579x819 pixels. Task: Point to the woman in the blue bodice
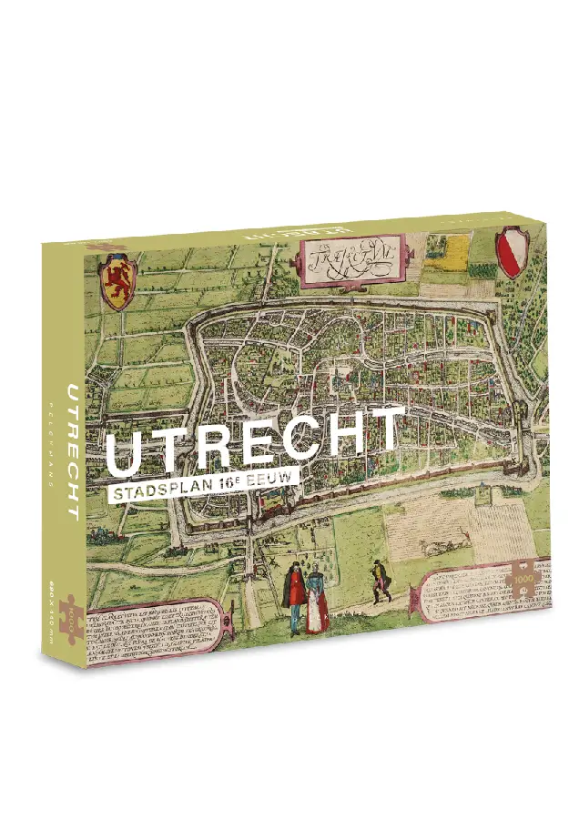(x=315, y=597)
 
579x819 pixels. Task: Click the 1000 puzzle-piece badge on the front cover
(x=525, y=579)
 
